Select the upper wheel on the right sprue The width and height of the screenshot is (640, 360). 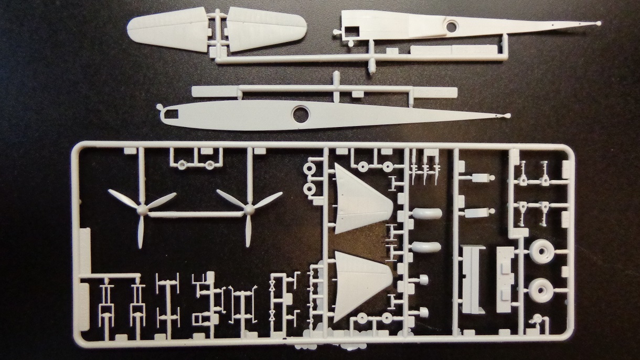(541, 252)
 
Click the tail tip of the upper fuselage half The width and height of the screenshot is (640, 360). (599, 24)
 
